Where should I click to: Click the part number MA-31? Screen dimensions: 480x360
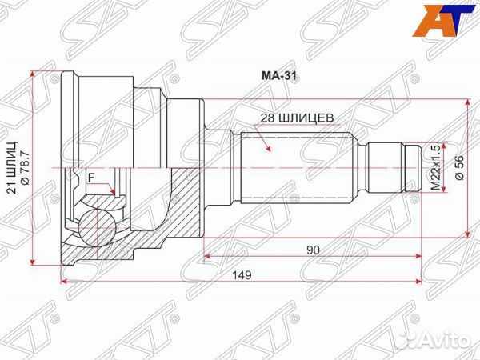(279, 76)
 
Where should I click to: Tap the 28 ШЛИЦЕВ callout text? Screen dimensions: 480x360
(297, 118)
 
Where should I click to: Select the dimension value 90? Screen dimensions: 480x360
(313, 250)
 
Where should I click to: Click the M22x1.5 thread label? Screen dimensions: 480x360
(436, 167)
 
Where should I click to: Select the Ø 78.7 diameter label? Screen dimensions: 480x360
(24, 168)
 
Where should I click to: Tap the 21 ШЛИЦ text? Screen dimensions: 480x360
(12, 168)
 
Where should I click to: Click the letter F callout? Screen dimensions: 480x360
(90, 178)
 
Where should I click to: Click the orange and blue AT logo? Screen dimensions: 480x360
(442, 19)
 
